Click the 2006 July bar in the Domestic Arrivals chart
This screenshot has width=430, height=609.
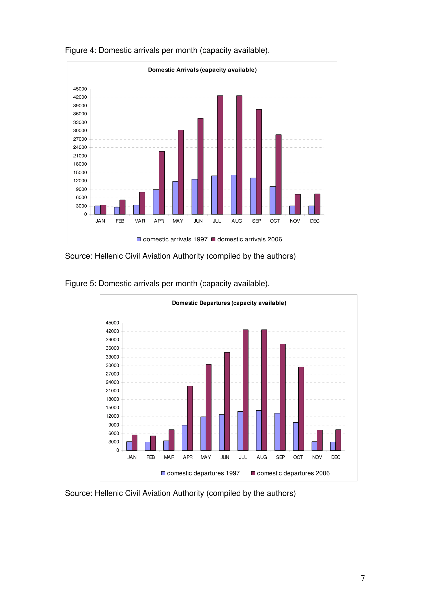pos(220,155)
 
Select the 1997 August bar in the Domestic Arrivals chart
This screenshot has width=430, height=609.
pos(234,195)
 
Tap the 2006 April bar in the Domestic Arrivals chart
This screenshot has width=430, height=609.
pos(162,183)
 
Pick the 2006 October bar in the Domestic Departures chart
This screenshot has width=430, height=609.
pos(301,409)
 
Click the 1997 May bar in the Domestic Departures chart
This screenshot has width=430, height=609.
pos(203,434)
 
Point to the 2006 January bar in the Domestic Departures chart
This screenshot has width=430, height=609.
pos(134,443)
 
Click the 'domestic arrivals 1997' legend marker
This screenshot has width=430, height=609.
pos(139,239)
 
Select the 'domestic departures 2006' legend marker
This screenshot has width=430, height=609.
pos(253,473)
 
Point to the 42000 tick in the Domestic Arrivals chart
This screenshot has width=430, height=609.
pos(80,97)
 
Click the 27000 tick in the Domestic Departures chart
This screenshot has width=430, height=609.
pos(112,374)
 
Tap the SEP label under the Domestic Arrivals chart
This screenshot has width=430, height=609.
pos(256,221)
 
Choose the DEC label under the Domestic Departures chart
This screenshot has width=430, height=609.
pos(336,457)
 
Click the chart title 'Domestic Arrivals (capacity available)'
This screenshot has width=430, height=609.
pos(202,70)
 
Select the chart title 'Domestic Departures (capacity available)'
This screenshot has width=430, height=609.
pos(229,303)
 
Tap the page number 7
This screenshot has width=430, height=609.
pos(363,578)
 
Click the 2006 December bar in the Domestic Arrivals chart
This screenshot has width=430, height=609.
pos(317,204)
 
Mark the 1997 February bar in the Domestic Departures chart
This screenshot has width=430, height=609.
pos(147,447)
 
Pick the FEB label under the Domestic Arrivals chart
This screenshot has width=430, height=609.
pos(120,221)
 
